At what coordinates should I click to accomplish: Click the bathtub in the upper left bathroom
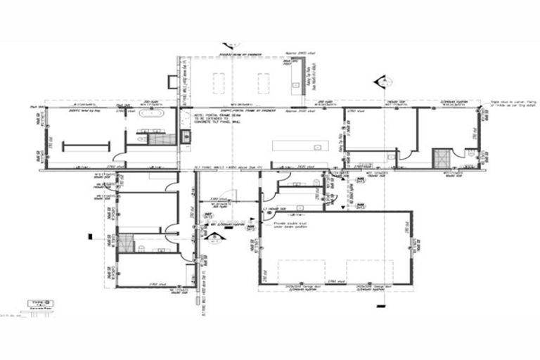[x=151, y=113]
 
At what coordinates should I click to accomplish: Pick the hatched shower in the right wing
[x=442, y=156]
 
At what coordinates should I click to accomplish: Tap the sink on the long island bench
[x=318, y=148]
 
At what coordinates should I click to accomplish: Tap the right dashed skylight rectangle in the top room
[x=263, y=83]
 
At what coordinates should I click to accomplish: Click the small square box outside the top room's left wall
[x=171, y=78]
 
